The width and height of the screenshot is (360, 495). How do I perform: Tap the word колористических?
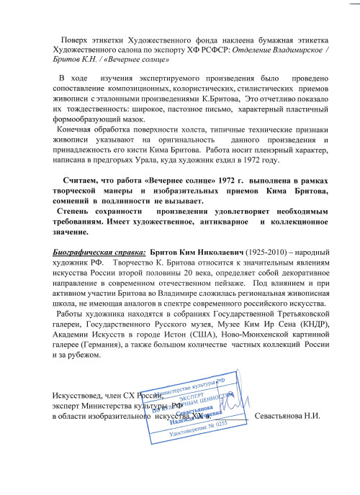pyautogui.click(x=194, y=86)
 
